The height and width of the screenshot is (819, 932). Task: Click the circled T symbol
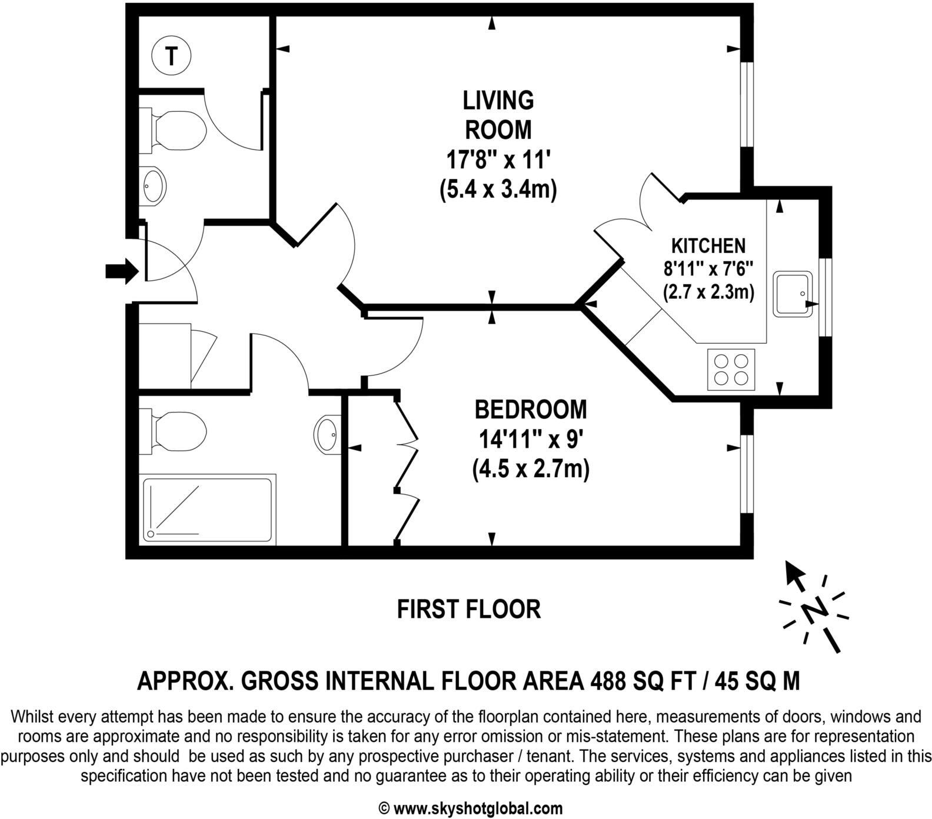[x=171, y=56]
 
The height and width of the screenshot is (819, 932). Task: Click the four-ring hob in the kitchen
[x=730, y=369]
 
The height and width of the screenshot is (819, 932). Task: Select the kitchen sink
[x=793, y=294]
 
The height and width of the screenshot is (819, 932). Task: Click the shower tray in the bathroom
[x=209, y=510]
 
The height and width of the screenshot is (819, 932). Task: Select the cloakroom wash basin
[x=154, y=186]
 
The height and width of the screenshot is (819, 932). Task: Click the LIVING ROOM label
[x=498, y=115]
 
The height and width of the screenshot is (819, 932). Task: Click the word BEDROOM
[x=531, y=409]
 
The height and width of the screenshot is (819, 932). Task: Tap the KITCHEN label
[x=708, y=245]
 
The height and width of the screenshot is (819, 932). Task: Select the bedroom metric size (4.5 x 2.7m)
[x=531, y=469]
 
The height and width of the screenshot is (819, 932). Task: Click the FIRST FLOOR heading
[x=468, y=610]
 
